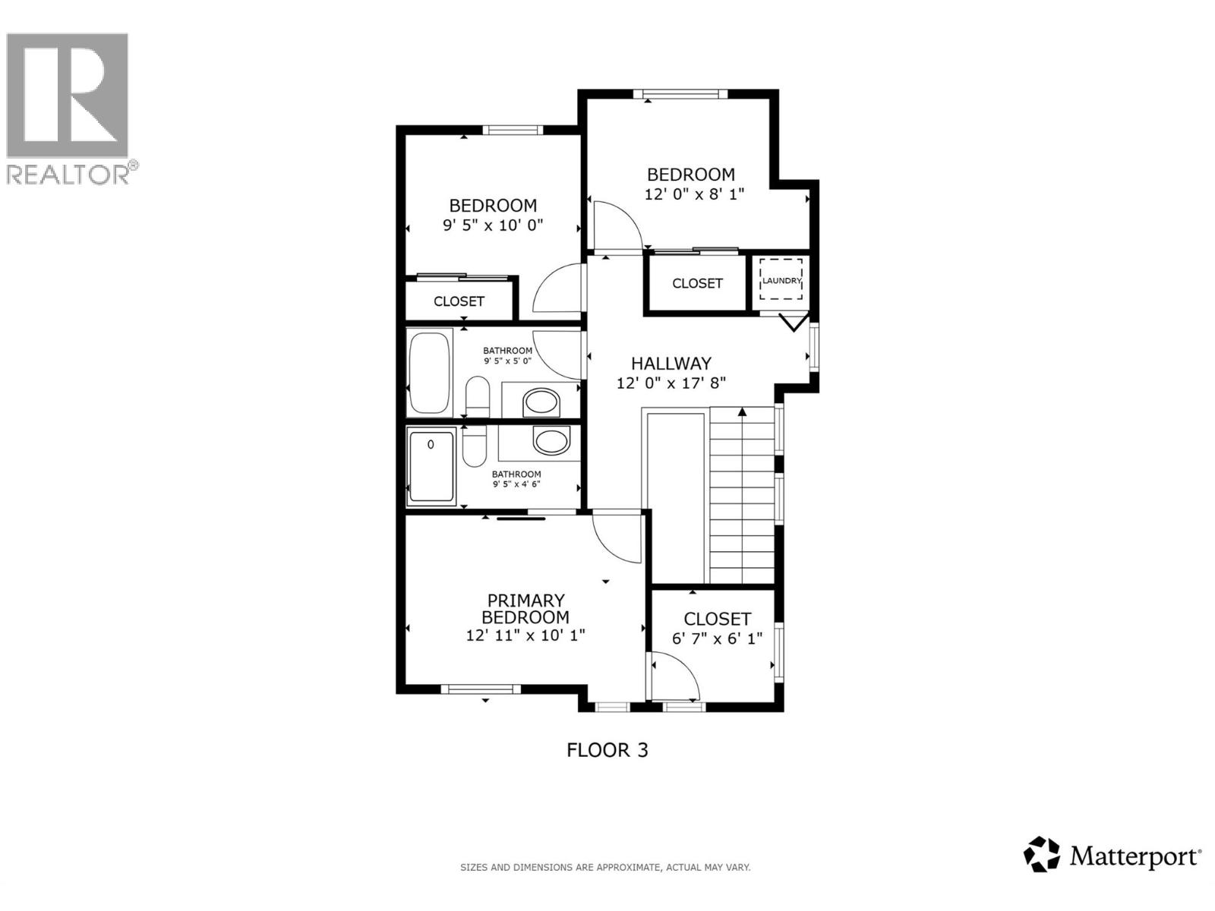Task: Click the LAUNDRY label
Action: [x=781, y=281]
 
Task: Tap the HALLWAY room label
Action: [x=671, y=364]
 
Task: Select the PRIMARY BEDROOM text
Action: [x=525, y=609]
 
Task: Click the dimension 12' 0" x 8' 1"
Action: [x=694, y=194]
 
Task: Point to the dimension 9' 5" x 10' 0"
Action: [x=493, y=225]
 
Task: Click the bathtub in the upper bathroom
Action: [x=430, y=373]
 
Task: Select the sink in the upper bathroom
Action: [x=541, y=402]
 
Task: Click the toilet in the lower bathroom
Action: [x=474, y=448]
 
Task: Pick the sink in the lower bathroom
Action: [x=551, y=440]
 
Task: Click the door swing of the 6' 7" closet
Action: [x=676, y=678]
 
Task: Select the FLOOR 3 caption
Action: [x=607, y=750]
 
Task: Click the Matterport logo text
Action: [x=1135, y=857]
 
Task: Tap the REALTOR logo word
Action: [x=68, y=174]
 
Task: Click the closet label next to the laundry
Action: [x=697, y=283]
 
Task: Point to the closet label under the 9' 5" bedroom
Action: [x=459, y=301]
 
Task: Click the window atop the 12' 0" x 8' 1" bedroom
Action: [x=680, y=94]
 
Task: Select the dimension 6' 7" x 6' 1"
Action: [x=717, y=638]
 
